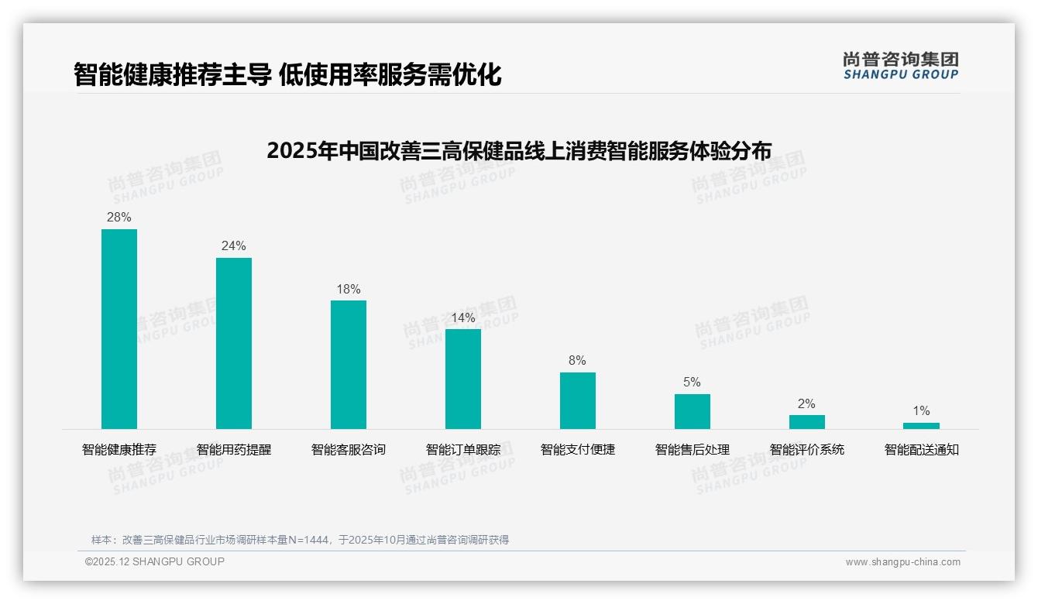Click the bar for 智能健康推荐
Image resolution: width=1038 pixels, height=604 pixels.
click(x=119, y=329)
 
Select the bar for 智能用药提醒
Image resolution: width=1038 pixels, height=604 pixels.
click(x=234, y=343)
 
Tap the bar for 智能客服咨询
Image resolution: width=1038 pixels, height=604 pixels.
click(x=349, y=365)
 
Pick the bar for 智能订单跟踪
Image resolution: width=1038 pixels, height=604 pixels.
click(x=463, y=379)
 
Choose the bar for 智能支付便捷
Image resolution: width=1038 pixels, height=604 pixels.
click(x=578, y=400)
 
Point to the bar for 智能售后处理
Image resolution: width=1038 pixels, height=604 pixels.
click(x=693, y=411)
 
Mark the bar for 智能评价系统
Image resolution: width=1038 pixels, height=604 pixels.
click(x=807, y=422)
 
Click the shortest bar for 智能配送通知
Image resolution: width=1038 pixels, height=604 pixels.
click(x=921, y=426)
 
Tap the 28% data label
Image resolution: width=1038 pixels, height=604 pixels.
click(x=119, y=218)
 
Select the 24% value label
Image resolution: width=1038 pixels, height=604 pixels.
click(x=234, y=246)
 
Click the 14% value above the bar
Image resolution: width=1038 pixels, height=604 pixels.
click(x=463, y=318)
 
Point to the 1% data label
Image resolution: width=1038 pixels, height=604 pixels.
click(x=921, y=411)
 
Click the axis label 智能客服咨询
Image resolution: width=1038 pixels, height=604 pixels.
click(x=349, y=450)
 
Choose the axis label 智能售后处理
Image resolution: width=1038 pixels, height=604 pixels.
click(x=693, y=450)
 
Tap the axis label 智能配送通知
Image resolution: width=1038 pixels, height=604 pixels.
click(x=922, y=450)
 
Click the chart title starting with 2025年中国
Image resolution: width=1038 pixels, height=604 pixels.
click(x=519, y=151)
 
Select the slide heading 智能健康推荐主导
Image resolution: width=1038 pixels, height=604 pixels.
click(x=287, y=75)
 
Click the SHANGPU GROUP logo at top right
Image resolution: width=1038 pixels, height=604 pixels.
click(x=901, y=66)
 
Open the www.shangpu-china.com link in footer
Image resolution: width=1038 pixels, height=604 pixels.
click(x=902, y=562)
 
